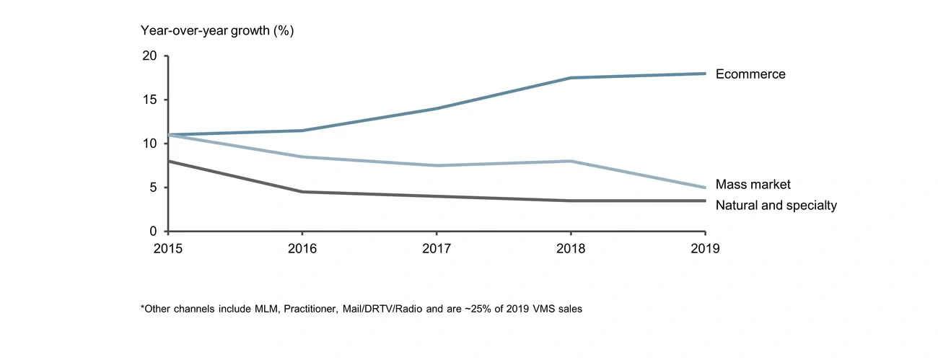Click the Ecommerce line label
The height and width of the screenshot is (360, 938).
click(750, 74)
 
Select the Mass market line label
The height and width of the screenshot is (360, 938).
click(753, 185)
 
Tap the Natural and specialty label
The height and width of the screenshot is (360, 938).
click(776, 206)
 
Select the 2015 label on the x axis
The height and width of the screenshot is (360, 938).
click(167, 247)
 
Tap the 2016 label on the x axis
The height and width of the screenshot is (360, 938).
click(302, 247)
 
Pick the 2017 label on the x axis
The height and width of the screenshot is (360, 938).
click(437, 247)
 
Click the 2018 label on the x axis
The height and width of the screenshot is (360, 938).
click(571, 247)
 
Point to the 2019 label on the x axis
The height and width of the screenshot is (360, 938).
click(705, 247)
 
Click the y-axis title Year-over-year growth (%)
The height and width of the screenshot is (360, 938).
click(216, 31)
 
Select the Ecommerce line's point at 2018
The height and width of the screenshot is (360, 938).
click(571, 78)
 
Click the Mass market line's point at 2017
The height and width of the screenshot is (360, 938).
click(437, 166)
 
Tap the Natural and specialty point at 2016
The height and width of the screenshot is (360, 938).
click(302, 192)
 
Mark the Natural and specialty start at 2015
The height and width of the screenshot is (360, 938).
click(168, 162)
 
